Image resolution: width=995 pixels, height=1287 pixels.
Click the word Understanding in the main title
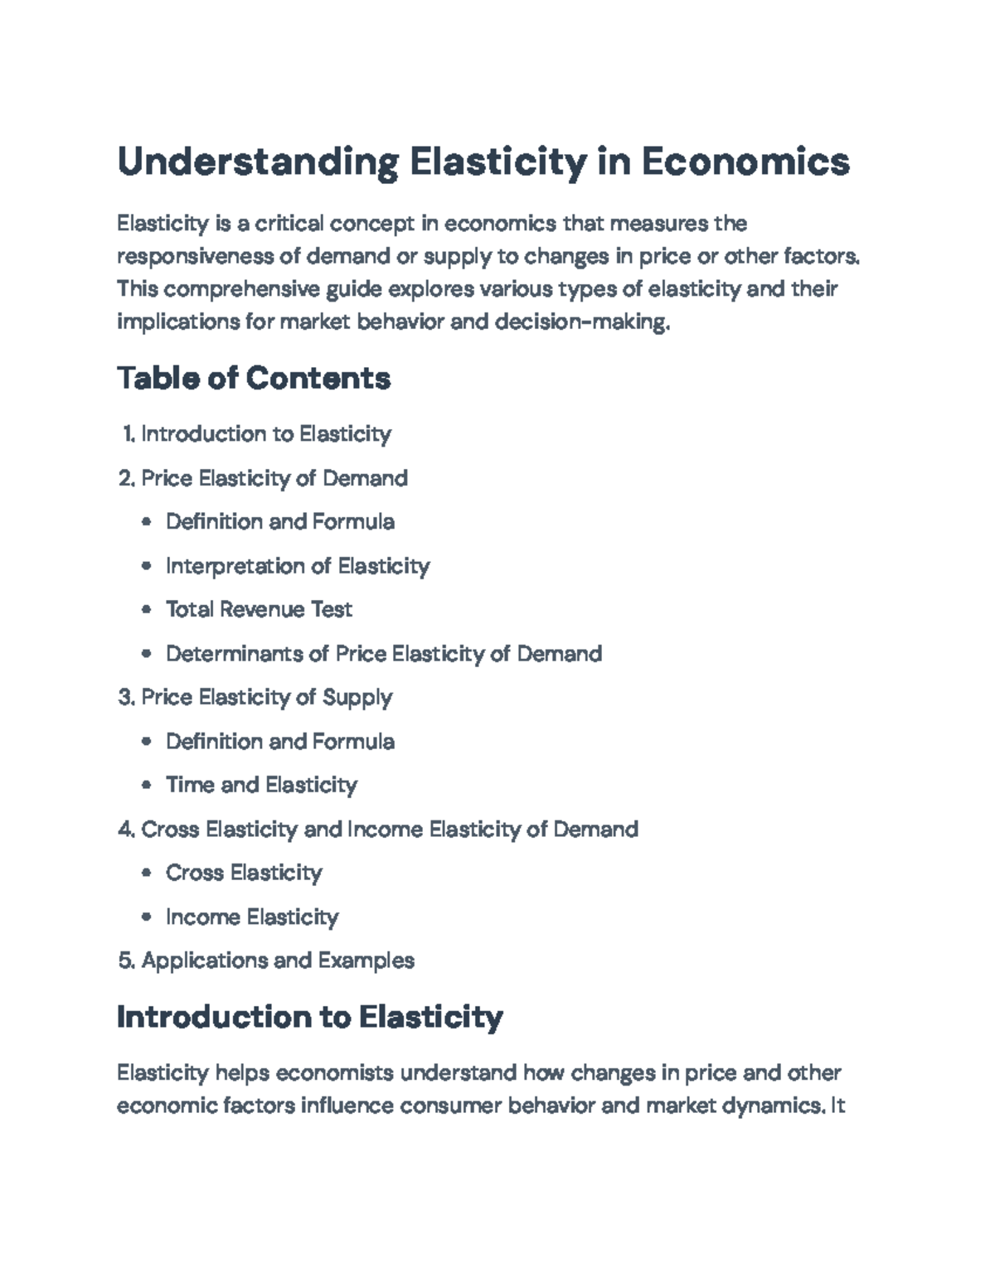pyautogui.click(x=257, y=162)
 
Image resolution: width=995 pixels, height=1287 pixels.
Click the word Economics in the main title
pyautogui.click(x=745, y=162)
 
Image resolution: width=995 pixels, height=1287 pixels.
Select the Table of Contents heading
pyautogui.click(x=254, y=379)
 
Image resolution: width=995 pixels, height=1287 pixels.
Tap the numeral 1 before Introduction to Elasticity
pyautogui.click(x=128, y=434)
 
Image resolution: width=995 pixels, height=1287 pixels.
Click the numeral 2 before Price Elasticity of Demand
pyautogui.click(x=125, y=479)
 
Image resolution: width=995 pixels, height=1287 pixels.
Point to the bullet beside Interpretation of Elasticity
pyautogui.click(x=147, y=566)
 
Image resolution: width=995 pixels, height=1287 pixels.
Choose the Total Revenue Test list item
pyautogui.click(x=259, y=610)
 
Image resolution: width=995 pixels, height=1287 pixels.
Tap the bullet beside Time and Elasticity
pyautogui.click(x=147, y=785)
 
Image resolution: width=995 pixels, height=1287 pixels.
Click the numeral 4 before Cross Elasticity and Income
pyautogui.click(x=125, y=830)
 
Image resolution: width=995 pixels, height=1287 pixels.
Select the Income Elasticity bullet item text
pyautogui.click(x=252, y=917)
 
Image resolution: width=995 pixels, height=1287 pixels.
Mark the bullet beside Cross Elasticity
pyautogui.click(x=147, y=873)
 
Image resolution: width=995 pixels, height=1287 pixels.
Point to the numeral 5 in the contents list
pyautogui.click(x=125, y=961)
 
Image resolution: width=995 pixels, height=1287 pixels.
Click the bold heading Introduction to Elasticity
pyautogui.click(x=310, y=1017)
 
